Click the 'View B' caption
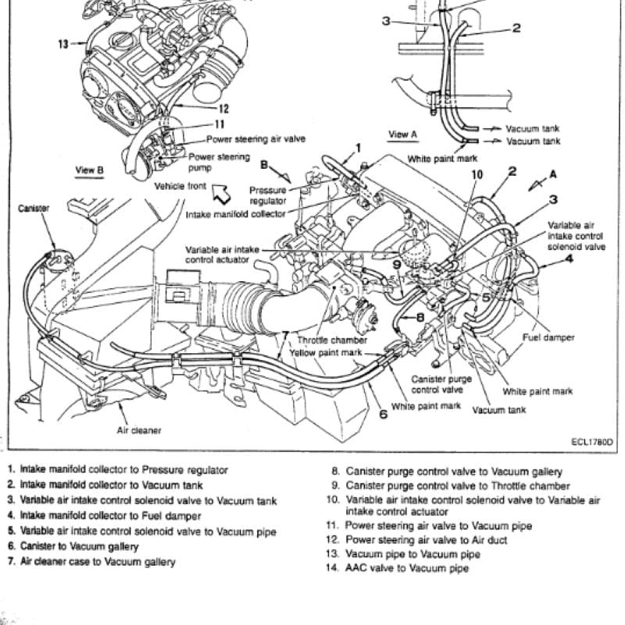click(90, 170)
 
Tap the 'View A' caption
click(403, 134)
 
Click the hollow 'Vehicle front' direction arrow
click(221, 193)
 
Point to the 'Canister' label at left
click(34, 208)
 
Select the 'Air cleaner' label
click(139, 430)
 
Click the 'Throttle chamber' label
click(332, 340)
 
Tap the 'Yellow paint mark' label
click(326, 353)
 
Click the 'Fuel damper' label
click(548, 337)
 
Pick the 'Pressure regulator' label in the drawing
click(268, 195)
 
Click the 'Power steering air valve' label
click(256, 139)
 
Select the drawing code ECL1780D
click(592, 441)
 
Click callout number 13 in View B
click(63, 44)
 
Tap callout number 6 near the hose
click(383, 415)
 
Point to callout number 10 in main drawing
click(477, 174)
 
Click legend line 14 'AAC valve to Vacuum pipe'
click(398, 568)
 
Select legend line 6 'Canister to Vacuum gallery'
click(73, 546)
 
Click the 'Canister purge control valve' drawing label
click(441, 384)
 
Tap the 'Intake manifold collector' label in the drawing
click(236, 214)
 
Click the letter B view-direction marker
click(264, 165)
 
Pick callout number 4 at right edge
click(570, 259)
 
